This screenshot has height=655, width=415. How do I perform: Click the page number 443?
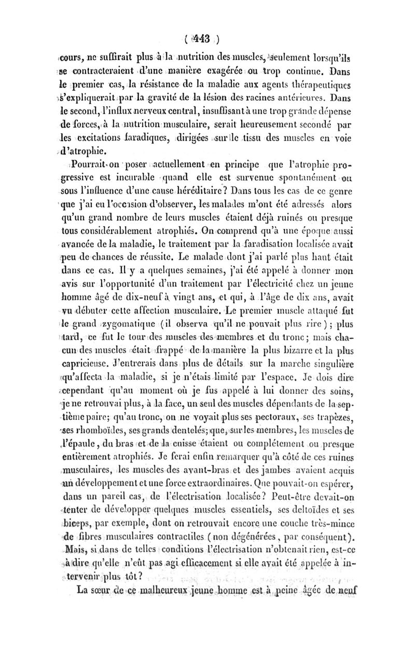(200, 37)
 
